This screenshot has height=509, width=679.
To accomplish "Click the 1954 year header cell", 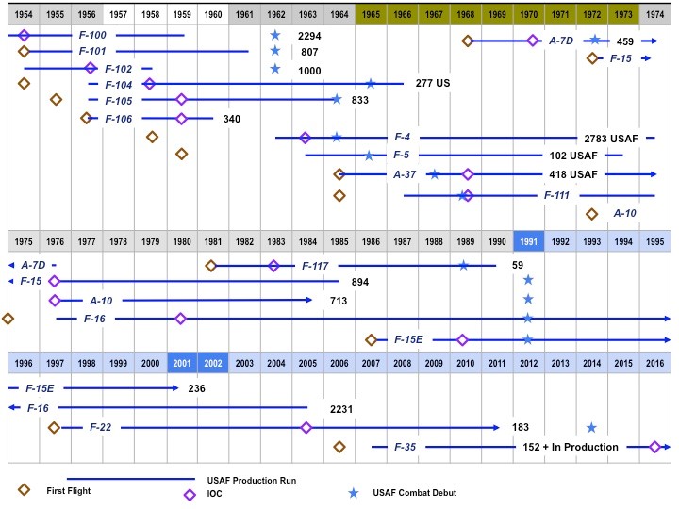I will click(24, 15).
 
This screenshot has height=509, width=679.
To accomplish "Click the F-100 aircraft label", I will click(93, 35).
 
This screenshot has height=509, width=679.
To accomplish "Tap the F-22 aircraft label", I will click(101, 427).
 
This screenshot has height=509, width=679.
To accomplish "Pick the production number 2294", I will click(309, 36).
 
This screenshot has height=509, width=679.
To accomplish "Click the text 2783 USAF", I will click(611, 139).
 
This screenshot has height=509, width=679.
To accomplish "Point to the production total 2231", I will click(341, 408).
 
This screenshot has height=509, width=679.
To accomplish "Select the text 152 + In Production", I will click(571, 447).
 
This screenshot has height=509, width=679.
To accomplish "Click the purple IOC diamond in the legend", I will click(190, 491).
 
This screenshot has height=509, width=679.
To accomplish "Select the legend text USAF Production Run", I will click(252, 480).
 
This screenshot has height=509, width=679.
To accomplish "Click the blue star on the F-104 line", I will click(371, 84).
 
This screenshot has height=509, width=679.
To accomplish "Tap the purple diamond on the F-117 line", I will click(273, 266).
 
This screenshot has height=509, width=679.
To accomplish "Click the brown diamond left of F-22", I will click(54, 427).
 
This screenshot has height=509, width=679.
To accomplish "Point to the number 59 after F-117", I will click(518, 266).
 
